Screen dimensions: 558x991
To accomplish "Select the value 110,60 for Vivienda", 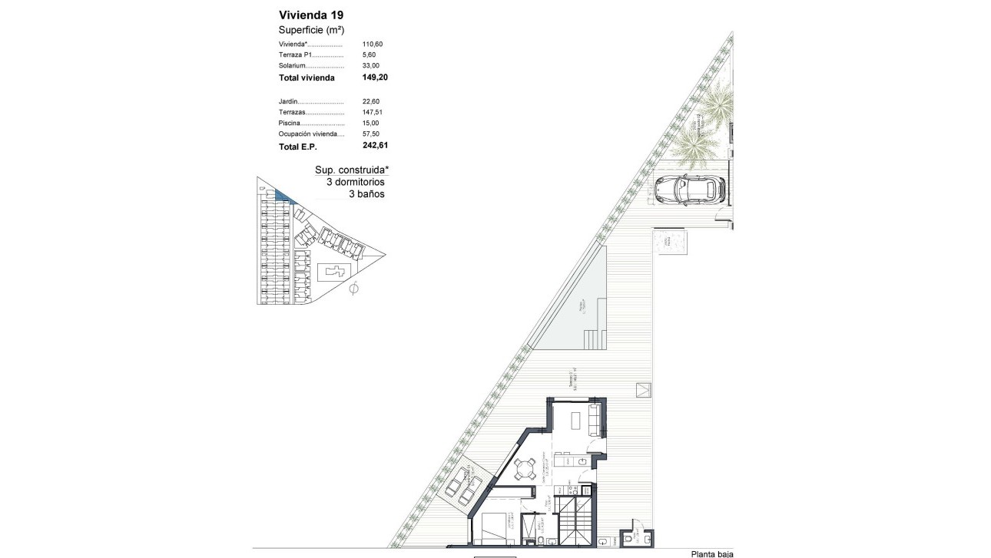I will [372, 45].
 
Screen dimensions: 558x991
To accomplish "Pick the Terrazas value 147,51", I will [372, 112].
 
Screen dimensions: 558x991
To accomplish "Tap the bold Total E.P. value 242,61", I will [376, 145].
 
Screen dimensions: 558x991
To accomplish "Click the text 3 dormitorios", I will [356, 182].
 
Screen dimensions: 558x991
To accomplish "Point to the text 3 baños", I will [366, 194].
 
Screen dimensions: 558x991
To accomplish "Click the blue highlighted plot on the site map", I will [283, 196].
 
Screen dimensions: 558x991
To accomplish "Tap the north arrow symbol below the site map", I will [354, 289].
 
